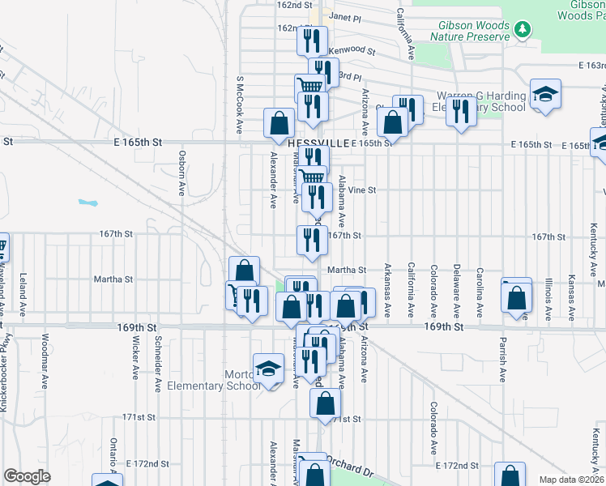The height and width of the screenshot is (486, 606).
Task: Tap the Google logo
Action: pyautogui.click(x=27, y=476)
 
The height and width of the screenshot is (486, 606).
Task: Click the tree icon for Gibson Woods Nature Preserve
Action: pyautogui.click(x=523, y=30)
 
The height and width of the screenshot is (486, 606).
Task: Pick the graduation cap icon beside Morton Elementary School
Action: pyautogui.click(x=267, y=369)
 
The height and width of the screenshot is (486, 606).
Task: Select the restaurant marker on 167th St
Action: pyautogui.click(x=312, y=239)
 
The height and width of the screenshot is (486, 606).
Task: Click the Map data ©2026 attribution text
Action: pyautogui.click(x=572, y=480)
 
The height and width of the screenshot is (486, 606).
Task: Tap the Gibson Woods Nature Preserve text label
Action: pyautogui.click(x=471, y=32)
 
